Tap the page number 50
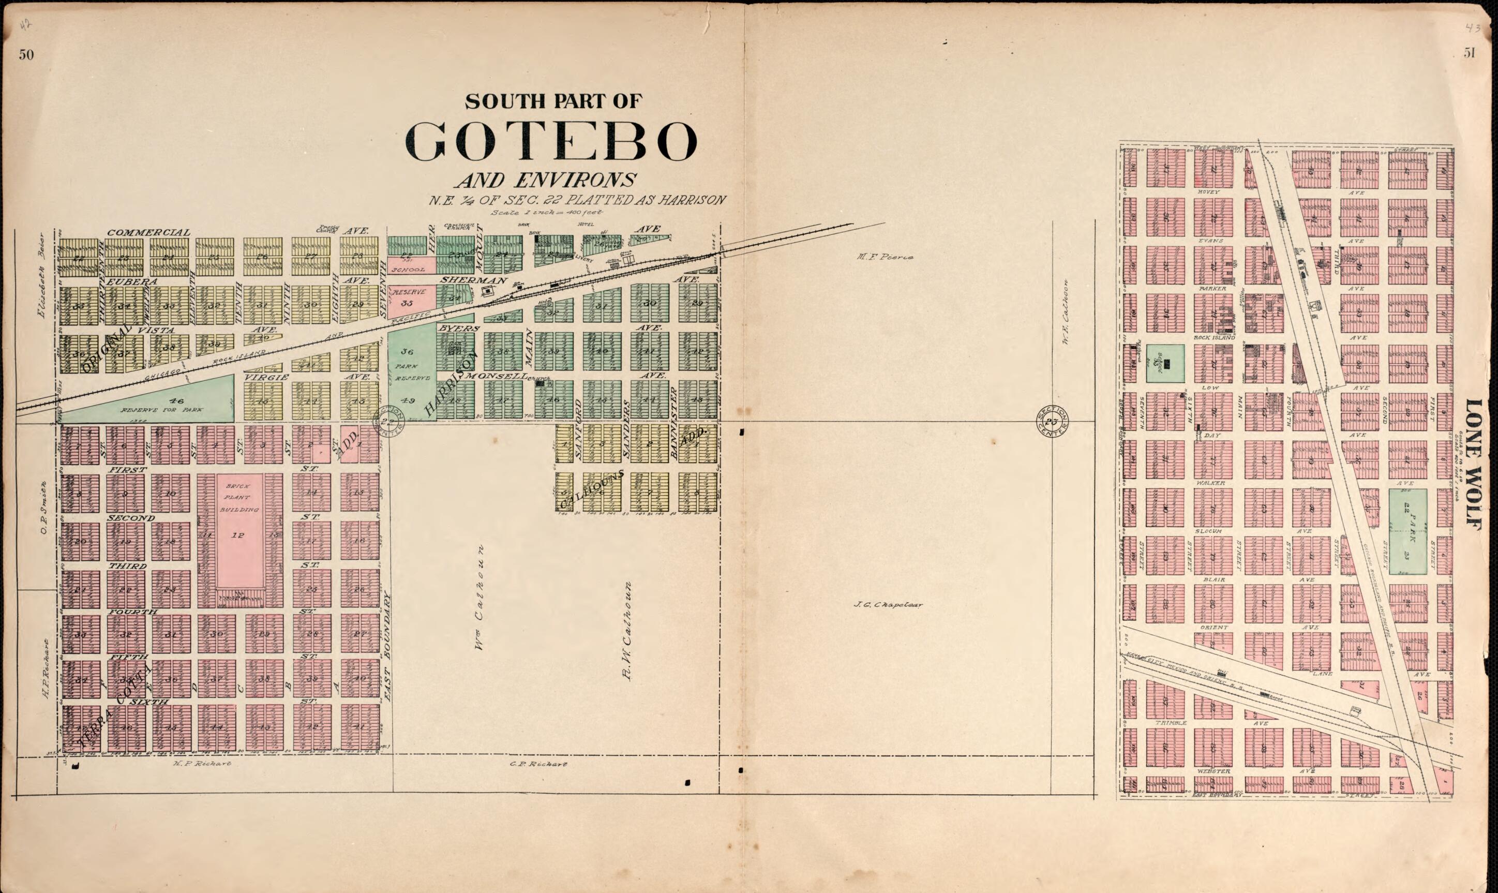coord(26,55)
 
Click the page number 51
coord(1470,53)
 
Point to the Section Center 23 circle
coord(1052,421)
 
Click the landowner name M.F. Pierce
coord(885,257)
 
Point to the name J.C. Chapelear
coord(888,605)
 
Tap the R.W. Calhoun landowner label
coord(627,631)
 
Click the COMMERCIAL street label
coord(148,232)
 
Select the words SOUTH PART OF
coord(552,101)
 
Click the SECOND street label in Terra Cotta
coord(131,517)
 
